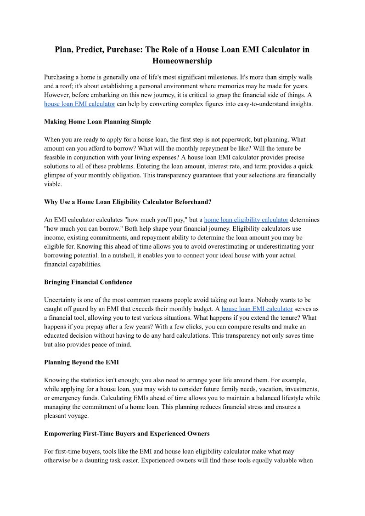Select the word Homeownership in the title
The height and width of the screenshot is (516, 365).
[182, 61]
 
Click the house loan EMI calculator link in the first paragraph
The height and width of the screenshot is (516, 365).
[79, 104]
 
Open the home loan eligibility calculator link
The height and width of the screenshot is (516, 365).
[246, 220]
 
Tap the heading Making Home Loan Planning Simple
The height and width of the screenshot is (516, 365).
[97, 122]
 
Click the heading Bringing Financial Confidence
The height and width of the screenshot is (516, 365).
[88, 282]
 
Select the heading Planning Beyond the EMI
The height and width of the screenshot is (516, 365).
[81, 362]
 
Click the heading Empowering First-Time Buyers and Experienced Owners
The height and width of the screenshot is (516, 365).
[127, 433]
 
